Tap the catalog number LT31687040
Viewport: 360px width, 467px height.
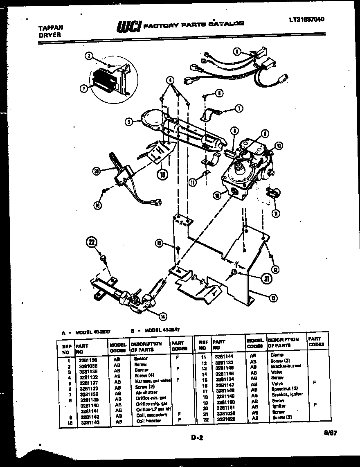(310, 19)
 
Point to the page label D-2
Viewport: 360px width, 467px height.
(196, 438)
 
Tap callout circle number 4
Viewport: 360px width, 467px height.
(170, 80)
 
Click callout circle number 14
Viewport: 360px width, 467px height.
(163, 316)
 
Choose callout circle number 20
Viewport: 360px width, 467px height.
(97, 172)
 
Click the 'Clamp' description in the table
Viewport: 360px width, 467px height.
(277, 355)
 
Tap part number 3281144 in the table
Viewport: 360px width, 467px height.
(223, 356)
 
